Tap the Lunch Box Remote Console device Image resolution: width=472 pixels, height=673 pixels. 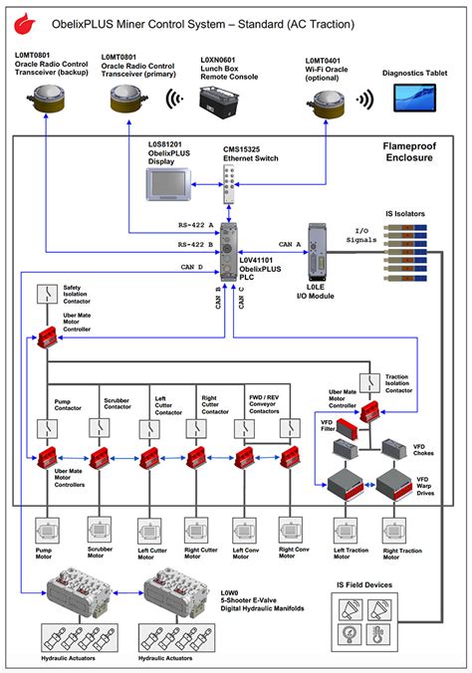[221, 101]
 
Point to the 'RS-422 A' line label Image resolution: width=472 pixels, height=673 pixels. [196, 226]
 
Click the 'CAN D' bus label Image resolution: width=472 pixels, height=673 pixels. [193, 267]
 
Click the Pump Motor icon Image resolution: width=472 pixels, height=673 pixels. [48, 528]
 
